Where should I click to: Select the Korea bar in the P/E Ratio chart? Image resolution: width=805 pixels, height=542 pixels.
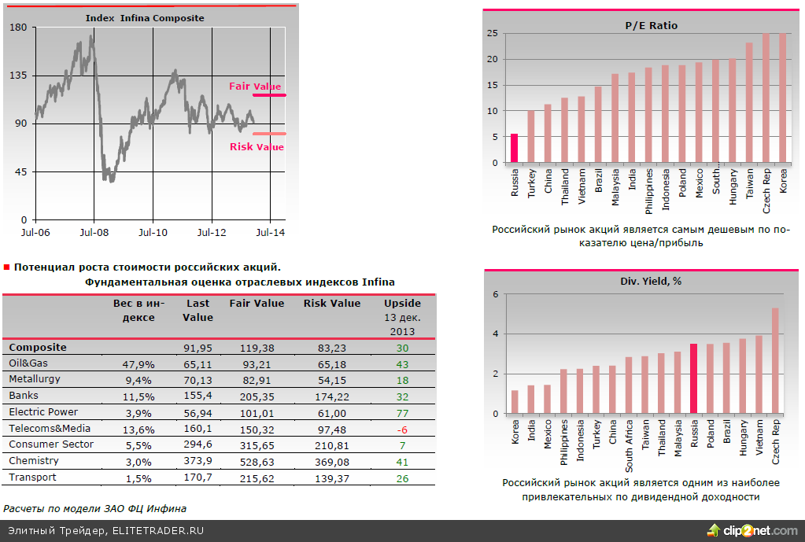(x=783, y=98)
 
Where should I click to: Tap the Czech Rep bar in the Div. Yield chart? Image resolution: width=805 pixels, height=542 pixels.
(x=775, y=360)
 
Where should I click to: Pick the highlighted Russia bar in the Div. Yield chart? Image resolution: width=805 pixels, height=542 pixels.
(x=693, y=378)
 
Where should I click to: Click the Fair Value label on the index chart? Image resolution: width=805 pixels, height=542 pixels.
(x=255, y=87)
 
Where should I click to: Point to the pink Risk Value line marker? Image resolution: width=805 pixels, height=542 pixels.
(x=269, y=134)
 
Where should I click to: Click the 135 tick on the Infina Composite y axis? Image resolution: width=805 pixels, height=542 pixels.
(x=18, y=76)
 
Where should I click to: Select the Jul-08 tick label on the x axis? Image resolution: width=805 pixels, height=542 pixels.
(x=94, y=233)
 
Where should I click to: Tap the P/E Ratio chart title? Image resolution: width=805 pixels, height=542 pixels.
(x=651, y=25)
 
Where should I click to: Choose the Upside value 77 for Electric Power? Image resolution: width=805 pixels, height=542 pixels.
(x=402, y=412)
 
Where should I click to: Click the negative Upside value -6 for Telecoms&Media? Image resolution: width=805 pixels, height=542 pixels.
(x=402, y=429)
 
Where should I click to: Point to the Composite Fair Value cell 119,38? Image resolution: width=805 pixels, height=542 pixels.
(x=257, y=348)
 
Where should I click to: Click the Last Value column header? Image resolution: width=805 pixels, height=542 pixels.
(x=198, y=310)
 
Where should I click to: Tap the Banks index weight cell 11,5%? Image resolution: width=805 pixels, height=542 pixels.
(x=138, y=396)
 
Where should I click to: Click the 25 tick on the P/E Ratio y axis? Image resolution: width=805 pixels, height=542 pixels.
(x=492, y=33)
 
